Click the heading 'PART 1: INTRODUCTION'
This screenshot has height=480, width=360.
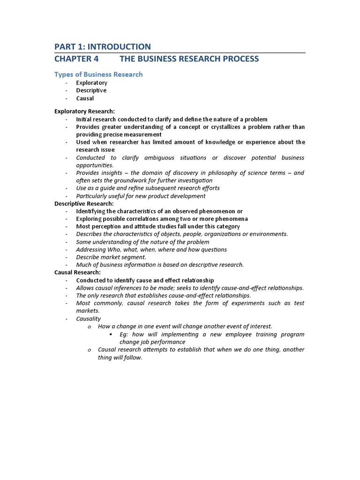(103, 46)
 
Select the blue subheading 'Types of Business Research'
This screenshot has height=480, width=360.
(98, 74)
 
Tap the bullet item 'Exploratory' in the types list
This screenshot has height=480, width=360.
(92, 82)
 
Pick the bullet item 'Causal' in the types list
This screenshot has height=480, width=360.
(85, 98)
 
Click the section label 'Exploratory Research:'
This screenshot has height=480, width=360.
(84, 111)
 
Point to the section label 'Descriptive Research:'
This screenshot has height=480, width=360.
(84, 203)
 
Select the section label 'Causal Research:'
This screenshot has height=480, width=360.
(77, 272)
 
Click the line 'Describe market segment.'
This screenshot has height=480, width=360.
(111, 257)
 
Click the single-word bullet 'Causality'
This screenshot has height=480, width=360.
(89, 319)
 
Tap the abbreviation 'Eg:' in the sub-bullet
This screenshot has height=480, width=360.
(124, 334)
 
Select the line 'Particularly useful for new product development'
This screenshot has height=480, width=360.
(141, 196)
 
